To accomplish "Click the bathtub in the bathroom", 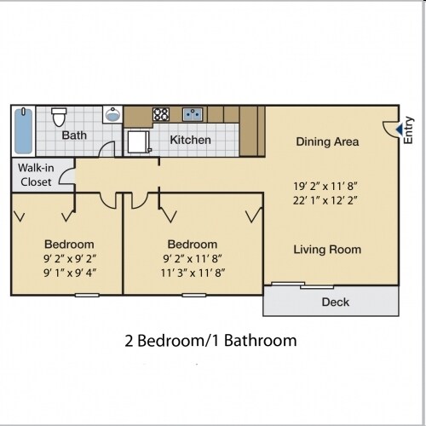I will tap(23, 130).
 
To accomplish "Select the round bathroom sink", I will tap(112, 115).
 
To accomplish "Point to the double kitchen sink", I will tap(191, 113).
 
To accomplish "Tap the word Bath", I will tap(73, 135).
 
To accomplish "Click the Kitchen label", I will tap(191, 140).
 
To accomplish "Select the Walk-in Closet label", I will tap(35, 175).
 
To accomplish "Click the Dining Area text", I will tap(327, 141).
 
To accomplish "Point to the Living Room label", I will tap(327, 250).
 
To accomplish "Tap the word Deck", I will tap(335, 302).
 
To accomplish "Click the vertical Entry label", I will tap(409, 128).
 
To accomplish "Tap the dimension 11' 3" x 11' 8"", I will tap(192, 273).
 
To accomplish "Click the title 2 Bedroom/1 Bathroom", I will tap(210, 341).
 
